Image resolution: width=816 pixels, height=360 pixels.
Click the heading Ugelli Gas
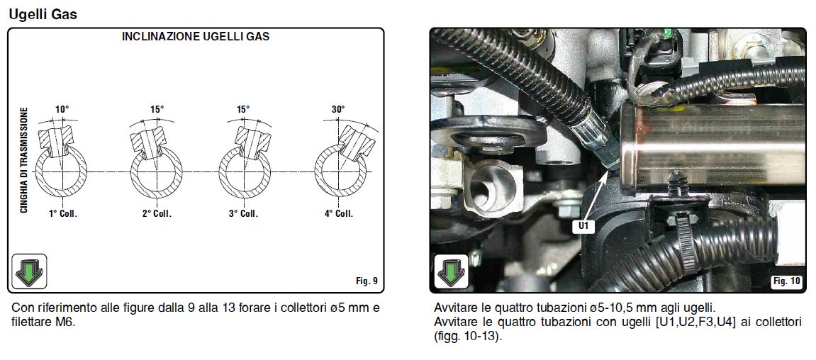pos(43,14)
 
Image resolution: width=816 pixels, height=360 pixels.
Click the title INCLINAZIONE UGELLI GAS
pos(195,37)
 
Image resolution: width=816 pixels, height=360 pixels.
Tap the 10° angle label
pos(62,110)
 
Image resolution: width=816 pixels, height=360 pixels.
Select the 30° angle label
pos(337,110)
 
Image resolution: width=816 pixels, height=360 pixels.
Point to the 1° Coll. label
pos(64,213)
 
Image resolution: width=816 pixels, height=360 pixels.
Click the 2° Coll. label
pos(157,213)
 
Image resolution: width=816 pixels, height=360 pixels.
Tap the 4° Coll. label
pos(339,213)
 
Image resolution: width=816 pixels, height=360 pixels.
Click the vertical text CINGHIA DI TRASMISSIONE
pos(23,160)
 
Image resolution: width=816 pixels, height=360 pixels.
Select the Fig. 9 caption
pos(367,281)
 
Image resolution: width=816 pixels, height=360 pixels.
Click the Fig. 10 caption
pos(786,281)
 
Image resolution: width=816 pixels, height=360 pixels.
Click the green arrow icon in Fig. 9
pos(29,271)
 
